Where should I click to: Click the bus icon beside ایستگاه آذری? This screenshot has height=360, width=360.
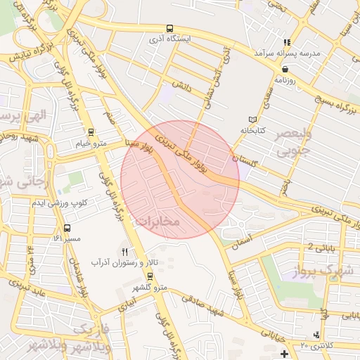pos(169,29)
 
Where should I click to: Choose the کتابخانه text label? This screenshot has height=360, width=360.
pos(255,131)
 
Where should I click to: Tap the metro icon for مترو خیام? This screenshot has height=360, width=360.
pos(90,132)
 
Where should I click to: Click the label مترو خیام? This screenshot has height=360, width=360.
pos(91,143)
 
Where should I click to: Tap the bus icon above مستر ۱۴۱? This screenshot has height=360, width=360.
pos(67,228)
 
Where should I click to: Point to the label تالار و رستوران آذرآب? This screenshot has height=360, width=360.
pos(120,262)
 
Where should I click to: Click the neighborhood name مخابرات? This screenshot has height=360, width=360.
pos(157,222)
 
